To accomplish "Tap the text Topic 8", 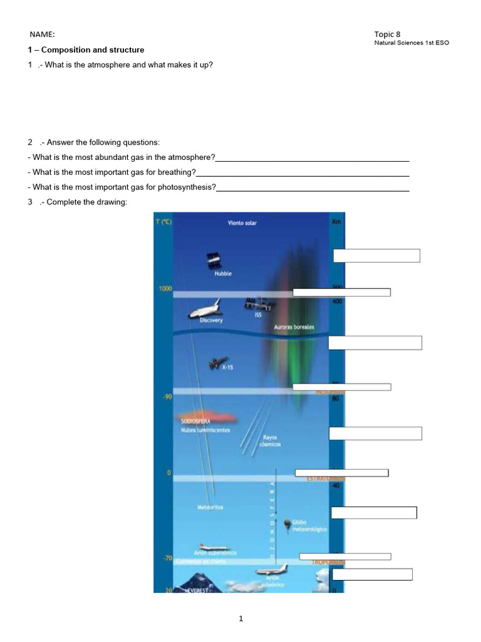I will (x=387, y=34).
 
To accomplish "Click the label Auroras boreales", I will (x=294, y=327).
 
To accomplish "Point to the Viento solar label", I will (x=242, y=223).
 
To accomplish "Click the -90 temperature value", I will (x=168, y=397).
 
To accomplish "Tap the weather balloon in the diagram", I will (x=287, y=524).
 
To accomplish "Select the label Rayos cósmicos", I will (x=271, y=441).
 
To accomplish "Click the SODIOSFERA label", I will (x=195, y=422).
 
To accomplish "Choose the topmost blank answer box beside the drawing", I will (x=376, y=255).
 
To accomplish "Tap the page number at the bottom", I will (x=240, y=619).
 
